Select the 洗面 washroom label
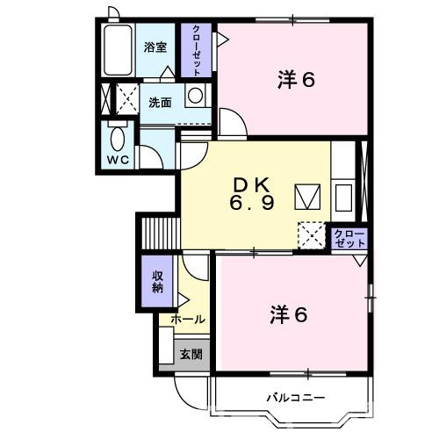pyautogui.click(x=160, y=103)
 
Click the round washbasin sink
pyautogui.click(x=195, y=96)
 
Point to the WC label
pyautogui.click(x=117, y=161)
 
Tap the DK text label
pyautogui.click(x=255, y=185)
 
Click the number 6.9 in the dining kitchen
pyautogui.click(x=255, y=203)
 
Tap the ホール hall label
pyautogui.click(x=187, y=320)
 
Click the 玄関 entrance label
pyautogui.click(x=191, y=355)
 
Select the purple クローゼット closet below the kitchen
pyautogui.click(x=349, y=238)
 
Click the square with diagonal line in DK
pyautogui.click(x=308, y=196)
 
